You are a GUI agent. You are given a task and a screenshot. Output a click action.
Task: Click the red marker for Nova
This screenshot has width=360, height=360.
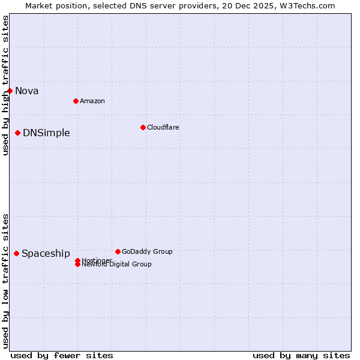coord(10,91)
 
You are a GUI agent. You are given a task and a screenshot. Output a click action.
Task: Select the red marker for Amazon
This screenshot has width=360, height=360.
coord(76,101)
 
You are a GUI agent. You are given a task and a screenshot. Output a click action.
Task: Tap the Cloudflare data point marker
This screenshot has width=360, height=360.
coord(143,127)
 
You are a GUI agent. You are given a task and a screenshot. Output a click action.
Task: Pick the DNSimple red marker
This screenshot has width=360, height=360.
coord(18,133)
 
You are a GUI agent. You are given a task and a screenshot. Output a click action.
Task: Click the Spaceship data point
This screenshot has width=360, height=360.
coord(16,253)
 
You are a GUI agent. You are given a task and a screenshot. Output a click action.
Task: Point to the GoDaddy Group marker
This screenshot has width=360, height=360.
coord(118,251)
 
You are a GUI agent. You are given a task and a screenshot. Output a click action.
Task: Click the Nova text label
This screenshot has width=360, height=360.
coord(27,91)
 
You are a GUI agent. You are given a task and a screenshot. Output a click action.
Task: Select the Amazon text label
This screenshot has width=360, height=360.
coord(92,101)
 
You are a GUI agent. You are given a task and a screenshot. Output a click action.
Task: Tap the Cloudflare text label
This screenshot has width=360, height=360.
coord(163,127)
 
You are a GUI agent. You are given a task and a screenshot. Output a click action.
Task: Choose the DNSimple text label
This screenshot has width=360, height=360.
coord(46,133)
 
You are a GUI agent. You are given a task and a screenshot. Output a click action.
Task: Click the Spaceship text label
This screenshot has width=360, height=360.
coord(46,254)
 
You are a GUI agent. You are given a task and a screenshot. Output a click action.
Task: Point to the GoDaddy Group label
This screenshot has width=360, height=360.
coord(147,251)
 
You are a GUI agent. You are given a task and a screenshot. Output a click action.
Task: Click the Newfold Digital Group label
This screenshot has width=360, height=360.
coord(116,265)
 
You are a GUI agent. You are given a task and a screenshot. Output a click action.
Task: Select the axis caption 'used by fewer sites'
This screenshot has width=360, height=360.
coord(62,355)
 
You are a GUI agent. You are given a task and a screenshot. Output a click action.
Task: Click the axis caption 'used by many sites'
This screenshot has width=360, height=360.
coord(301,355)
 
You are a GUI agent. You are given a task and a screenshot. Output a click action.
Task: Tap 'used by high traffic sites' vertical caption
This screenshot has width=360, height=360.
coord(5,85)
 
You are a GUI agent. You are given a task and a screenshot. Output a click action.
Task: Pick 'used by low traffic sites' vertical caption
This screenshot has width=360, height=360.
coord(5,281)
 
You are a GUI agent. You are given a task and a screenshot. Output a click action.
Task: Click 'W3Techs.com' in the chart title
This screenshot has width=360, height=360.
coord(310,5)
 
